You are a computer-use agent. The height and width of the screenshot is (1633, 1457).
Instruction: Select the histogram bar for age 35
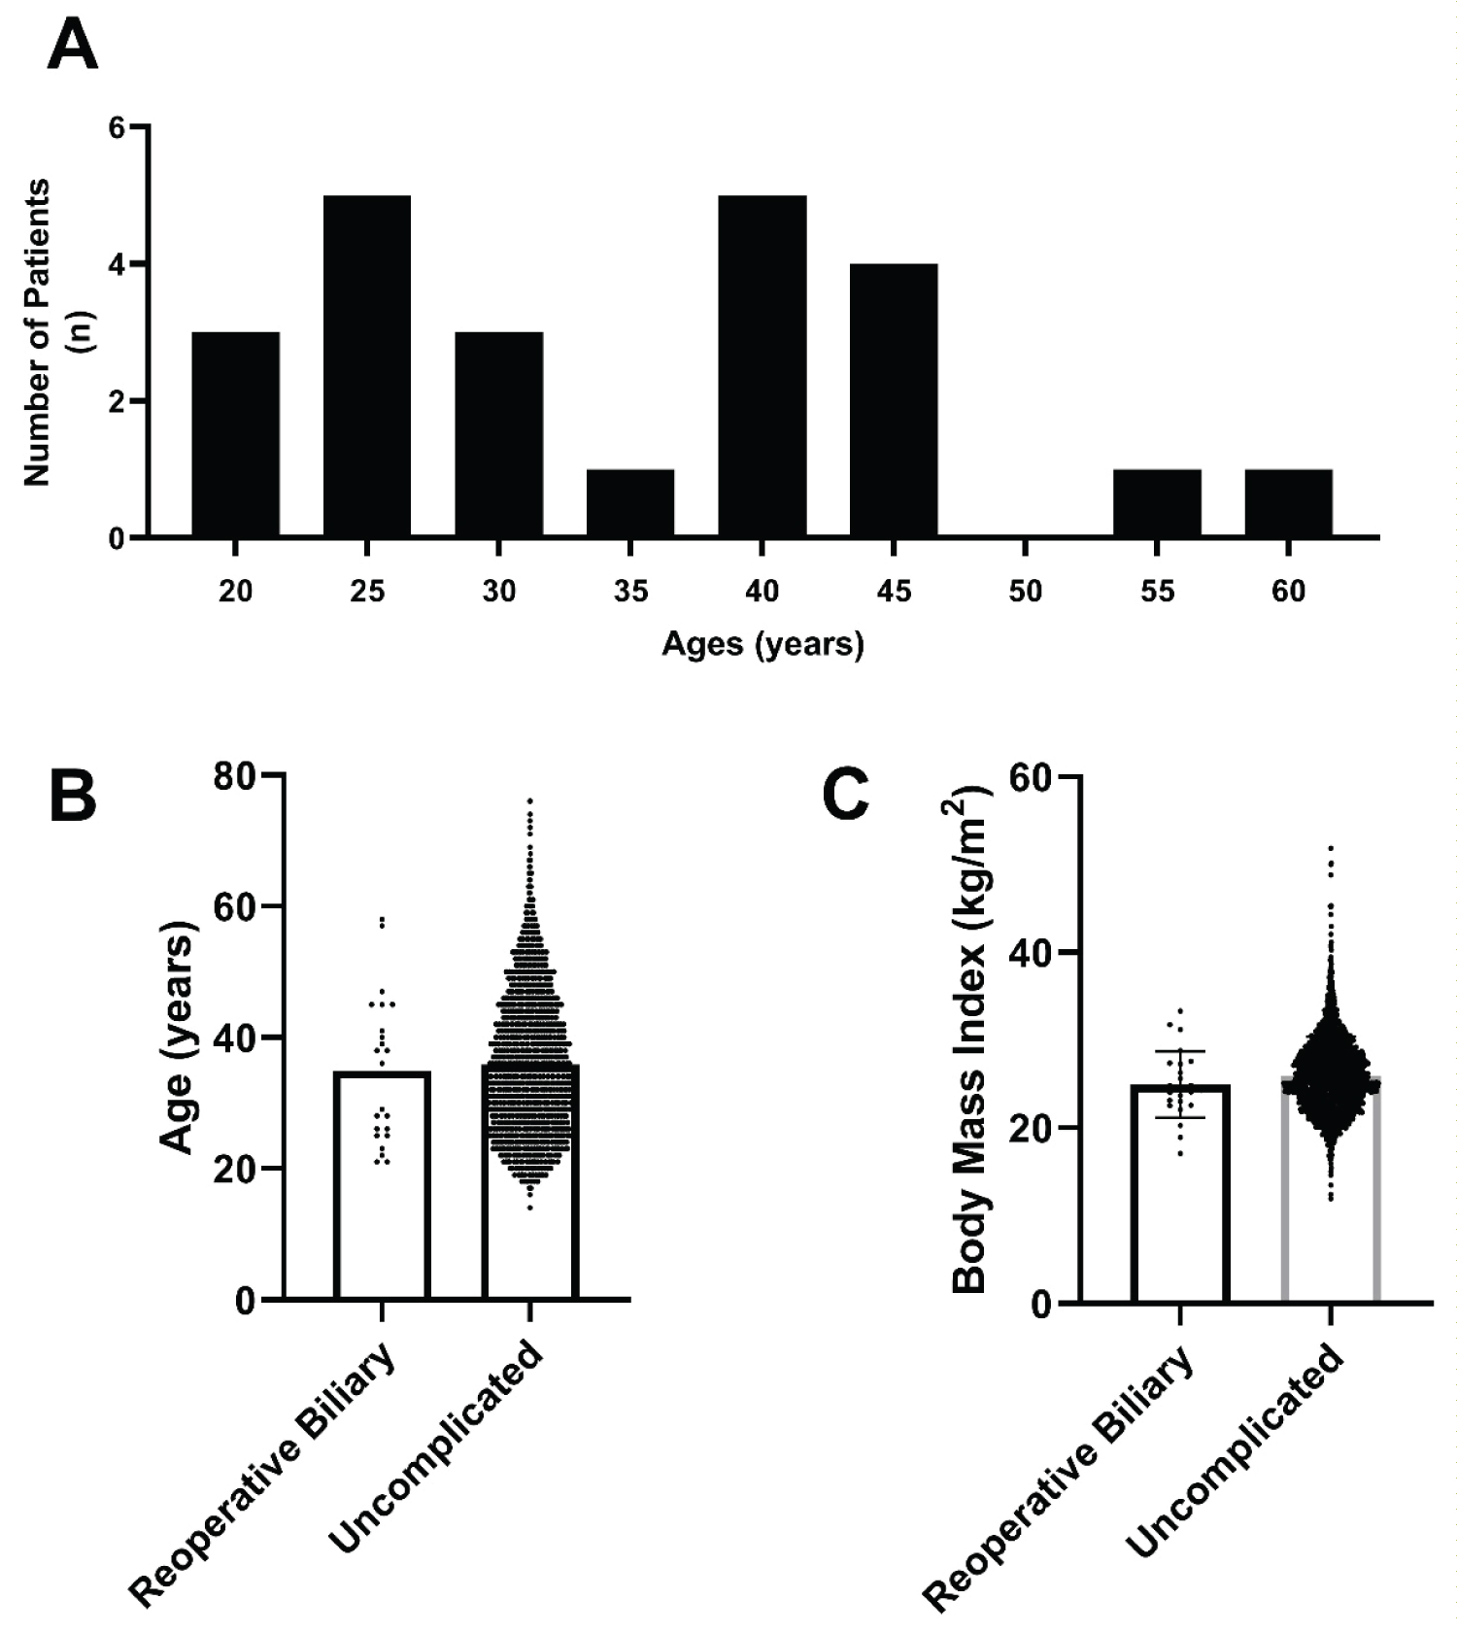[x=630, y=503]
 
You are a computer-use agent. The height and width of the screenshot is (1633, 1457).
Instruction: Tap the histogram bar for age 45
[x=894, y=400]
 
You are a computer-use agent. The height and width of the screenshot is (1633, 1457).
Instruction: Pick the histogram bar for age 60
[x=1288, y=503]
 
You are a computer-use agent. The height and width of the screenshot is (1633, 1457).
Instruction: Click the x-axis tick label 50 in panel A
[x=1026, y=591]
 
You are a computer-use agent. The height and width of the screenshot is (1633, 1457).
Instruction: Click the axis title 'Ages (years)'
[x=762, y=644]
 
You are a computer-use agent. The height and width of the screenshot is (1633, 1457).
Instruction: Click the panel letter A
[x=72, y=46]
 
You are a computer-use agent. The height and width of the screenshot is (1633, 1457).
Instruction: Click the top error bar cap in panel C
[x=1180, y=1051]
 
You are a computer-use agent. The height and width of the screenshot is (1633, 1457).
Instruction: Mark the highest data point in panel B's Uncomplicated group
[x=530, y=801]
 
